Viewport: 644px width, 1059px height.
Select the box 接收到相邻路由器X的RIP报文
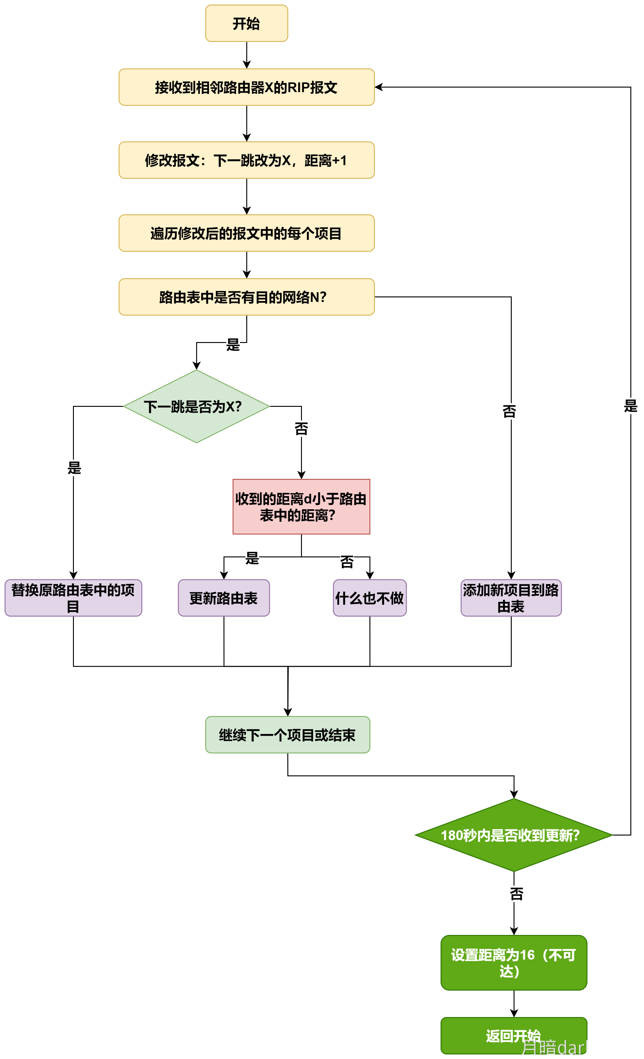pyautogui.click(x=246, y=87)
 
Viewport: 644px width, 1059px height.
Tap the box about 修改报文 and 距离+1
pyautogui.click(x=246, y=160)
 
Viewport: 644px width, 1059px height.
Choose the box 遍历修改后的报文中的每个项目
pyautogui.click(x=246, y=234)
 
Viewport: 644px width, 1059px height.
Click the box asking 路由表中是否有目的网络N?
pyautogui.click(x=246, y=297)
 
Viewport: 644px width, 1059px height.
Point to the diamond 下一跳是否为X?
pyautogui.click(x=196, y=406)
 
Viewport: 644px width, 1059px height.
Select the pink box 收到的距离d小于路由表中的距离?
pyautogui.click(x=301, y=507)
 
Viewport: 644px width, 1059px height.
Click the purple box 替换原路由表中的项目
pyautogui.click(x=73, y=598)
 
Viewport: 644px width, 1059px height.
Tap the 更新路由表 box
pyautogui.click(x=223, y=598)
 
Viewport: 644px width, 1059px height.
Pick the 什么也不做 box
pyautogui.click(x=369, y=598)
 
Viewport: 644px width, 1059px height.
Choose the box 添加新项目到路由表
pyautogui.click(x=511, y=598)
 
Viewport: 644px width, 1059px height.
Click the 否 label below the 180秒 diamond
pyautogui.click(x=516, y=894)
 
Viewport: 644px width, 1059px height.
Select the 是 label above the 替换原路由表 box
pyautogui.click(x=74, y=468)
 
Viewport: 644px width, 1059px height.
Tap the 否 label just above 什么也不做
pyautogui.click(x=347, y=562)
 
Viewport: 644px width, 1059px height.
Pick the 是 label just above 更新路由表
pyautogui.click(x=252, y=558)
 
